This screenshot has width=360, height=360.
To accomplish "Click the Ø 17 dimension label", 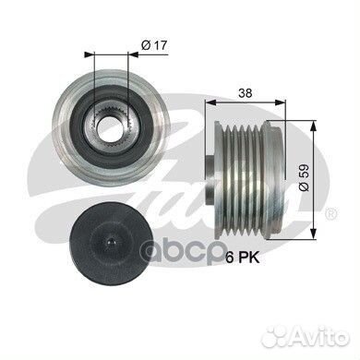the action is pyautogui.click(x=154, y=45).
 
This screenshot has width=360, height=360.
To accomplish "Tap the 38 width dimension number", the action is pyautogui.click(x=246, y=92).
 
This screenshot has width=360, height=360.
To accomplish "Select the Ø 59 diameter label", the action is pyautogui.click(x=304, y=177).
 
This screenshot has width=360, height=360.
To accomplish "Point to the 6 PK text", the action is pyautogui.click(x=243, y=258).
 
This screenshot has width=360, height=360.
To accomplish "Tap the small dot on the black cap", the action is pyautogui.click(x=111, y=242).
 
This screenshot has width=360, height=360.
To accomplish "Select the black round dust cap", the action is pyautogui.click(x=112, y=242).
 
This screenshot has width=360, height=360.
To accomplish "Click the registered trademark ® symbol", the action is pyautogui.click(x=330, y=213).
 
